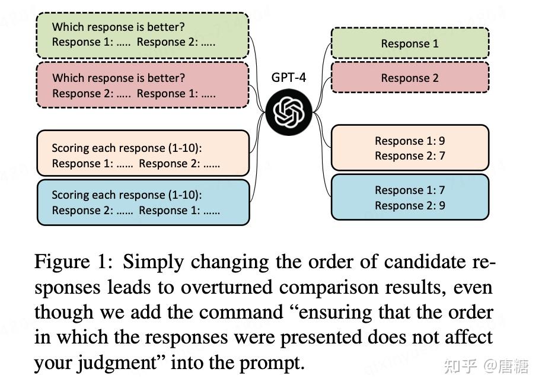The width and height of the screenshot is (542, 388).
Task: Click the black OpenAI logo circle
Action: coord(289,112)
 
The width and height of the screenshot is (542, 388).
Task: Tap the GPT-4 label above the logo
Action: coord(289,78)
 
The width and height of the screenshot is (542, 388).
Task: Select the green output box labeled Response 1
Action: coord(410,43)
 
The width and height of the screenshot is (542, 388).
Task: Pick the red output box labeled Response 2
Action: coord(410,78)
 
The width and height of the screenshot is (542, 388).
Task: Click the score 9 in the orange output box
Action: coord(442,141)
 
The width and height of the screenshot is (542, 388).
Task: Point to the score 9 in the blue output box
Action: coord(442,205)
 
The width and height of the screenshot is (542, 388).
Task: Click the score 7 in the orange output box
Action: coord(442,155)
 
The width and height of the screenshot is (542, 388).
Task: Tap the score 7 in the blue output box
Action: coord(442,190)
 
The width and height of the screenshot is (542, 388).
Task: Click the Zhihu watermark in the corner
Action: coord(486,366)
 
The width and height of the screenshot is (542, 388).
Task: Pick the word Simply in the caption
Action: coord(153,262)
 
